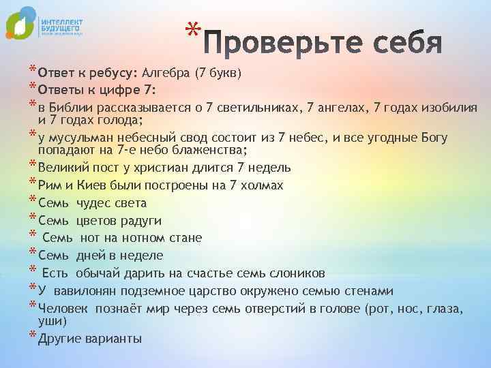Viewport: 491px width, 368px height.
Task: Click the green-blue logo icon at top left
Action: [x=20, y=25]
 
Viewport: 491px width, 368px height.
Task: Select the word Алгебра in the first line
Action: [x=166, y=74]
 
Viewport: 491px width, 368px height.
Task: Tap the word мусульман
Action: [x=81, y=138]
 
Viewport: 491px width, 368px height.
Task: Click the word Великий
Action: [x=63, y=167]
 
